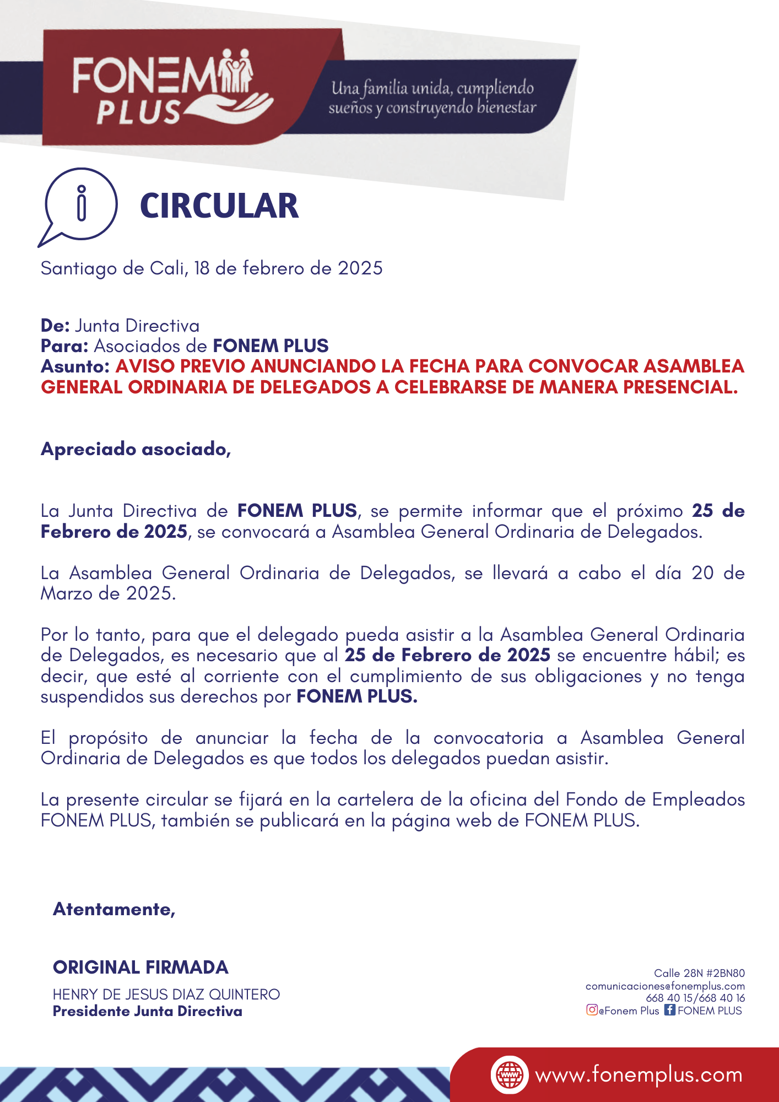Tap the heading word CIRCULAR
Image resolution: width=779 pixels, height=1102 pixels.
[219, 206]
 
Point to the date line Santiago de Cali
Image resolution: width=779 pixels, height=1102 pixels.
[212, 268]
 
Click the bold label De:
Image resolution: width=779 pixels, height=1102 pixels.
[55, 326]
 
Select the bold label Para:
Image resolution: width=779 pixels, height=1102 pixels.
[64, 346]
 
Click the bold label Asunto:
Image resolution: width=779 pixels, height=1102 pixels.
[75, 366]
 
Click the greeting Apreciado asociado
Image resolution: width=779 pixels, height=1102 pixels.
[136, 449]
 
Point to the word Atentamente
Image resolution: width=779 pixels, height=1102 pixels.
[114, 909]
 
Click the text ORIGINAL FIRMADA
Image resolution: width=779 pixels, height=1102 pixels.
[140, 967]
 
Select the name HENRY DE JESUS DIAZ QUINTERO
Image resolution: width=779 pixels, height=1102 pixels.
[166, 995]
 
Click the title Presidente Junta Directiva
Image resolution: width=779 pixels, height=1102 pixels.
[148, 1011]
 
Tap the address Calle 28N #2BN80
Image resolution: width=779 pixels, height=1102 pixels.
[699, 973]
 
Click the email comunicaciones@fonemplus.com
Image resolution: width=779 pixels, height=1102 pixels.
[665, 986]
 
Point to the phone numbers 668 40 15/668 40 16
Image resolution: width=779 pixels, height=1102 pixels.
[695, 998]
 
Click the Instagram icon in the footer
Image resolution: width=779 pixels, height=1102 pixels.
[592, 1010]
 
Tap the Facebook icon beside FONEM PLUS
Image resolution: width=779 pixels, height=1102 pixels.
[669, 1010]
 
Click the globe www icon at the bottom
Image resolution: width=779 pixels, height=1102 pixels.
[510, 1074]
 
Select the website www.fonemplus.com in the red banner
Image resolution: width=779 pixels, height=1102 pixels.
[639, 1075]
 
